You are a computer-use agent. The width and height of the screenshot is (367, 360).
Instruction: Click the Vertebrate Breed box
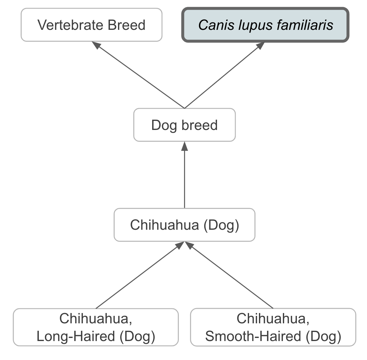click(91, 25)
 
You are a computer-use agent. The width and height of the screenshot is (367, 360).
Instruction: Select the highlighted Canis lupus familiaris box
click(265, 25)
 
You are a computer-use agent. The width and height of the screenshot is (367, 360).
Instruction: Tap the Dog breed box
click(184, 125)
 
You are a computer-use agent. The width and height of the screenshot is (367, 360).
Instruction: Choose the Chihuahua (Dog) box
click(184, 225)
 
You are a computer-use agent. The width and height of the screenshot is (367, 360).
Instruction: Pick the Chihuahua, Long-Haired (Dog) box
click(96, 327)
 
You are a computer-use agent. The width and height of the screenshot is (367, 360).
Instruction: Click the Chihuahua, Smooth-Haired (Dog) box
click(273, 327)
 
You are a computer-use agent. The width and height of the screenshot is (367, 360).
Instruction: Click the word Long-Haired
click(76, 336)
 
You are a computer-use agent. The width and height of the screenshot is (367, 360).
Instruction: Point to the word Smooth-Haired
click(253, 336)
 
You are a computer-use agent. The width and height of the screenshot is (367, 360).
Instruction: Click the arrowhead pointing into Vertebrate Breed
click(97, 45)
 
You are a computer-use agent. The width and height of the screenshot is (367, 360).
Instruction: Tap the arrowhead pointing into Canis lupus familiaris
click(261, 45)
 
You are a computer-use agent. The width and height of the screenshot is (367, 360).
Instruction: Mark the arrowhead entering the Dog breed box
click(184, 145)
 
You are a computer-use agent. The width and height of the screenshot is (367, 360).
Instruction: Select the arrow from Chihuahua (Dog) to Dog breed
click(184, 177)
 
